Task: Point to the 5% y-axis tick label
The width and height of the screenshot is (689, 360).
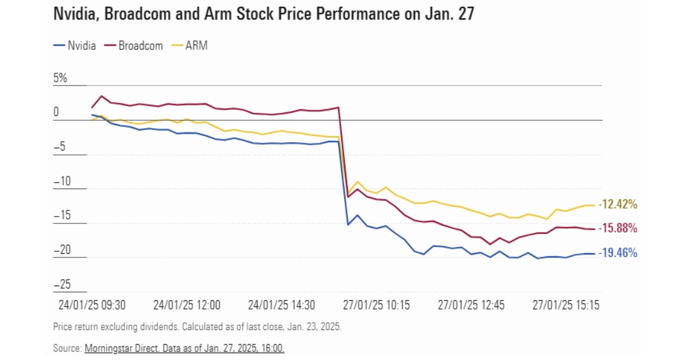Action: coord(60,78)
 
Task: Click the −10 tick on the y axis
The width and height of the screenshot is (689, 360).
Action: coord(62,181)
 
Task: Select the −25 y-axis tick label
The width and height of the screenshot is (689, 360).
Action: coord(62,284)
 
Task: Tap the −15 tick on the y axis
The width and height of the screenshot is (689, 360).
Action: coord(62,215)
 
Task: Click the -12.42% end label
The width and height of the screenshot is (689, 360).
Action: coord(618,204)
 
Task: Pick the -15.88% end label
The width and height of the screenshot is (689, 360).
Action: coord(618,228)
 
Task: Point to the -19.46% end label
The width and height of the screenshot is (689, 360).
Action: coord(618,252)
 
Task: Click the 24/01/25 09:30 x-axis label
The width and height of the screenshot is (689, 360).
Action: coord(91,304)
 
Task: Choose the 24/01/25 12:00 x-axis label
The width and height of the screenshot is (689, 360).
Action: coord(187,304)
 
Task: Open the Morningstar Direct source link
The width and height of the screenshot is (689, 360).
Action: coord(184,348)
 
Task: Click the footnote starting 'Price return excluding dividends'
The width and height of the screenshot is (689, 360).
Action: coord(197,326)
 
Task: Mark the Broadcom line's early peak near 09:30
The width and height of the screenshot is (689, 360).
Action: coord(101,96)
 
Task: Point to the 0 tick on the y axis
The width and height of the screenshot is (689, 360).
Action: coord(56,112)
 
